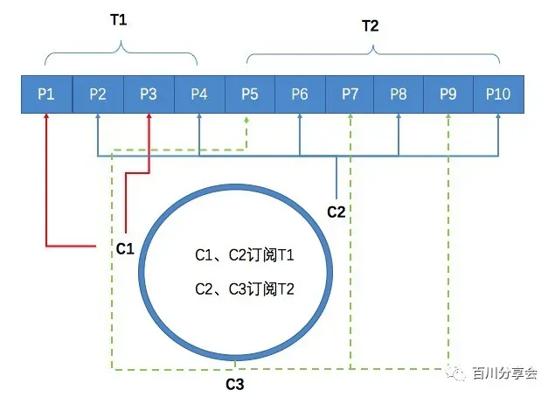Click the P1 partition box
(x=46, y=94)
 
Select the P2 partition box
(x=97, y=94)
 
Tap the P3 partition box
(x=148, y=94)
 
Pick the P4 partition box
(x=198, y=94)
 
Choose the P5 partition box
(x=249, y=94)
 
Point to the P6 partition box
(x=300, y=94)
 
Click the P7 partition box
(x=350, y=94)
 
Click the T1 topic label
(x=119, y=20)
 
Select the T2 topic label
(x=371, y=26)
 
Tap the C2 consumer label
(x=336, y=212)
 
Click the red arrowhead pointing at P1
(x=46, y=120)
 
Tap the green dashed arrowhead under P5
(x=249, y=120)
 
